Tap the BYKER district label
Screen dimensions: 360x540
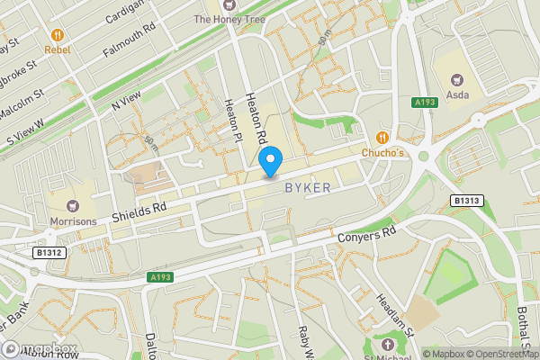pyautogui.click(x=307, y=187)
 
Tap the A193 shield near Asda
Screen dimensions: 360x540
pyautogui.click(x=426, y=103)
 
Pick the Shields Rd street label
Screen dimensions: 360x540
pyautogui.click(x=140, y=212)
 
